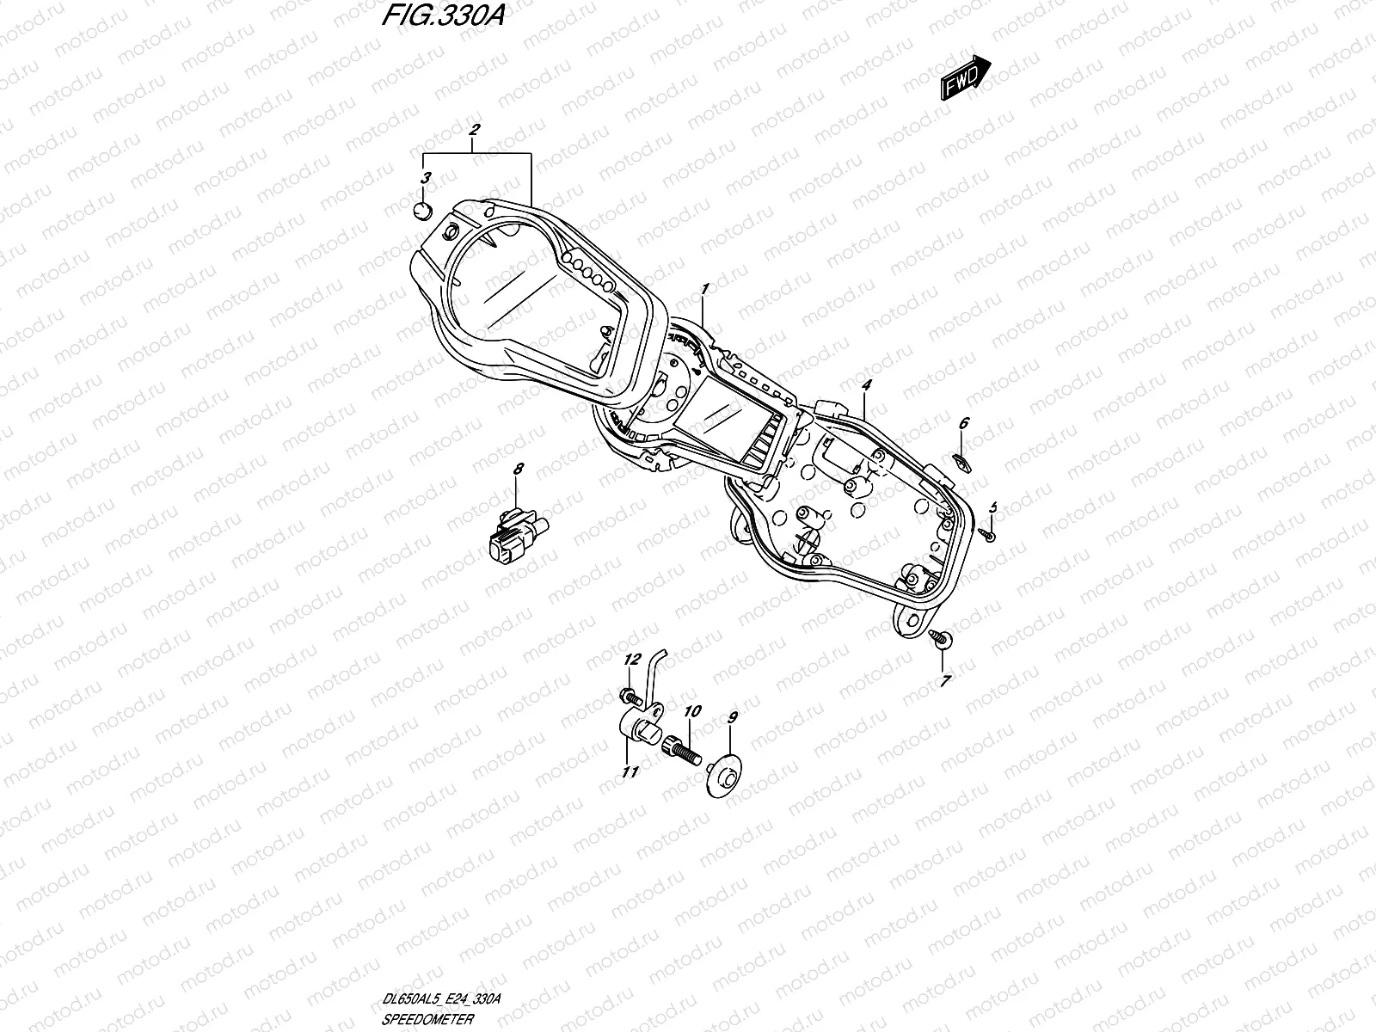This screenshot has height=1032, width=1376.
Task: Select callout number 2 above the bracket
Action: click(474, 130)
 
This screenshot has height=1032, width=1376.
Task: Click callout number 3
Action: click(426, 178)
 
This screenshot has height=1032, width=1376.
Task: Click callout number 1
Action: click(704, 287)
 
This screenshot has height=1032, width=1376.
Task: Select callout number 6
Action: click(964, 422)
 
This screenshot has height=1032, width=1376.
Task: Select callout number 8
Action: click(518, 470)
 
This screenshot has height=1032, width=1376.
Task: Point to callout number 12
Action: click(633, 660)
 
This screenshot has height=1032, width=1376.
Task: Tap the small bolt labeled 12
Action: click(625, 693)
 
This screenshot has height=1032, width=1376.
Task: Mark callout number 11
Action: click(630, 772)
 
